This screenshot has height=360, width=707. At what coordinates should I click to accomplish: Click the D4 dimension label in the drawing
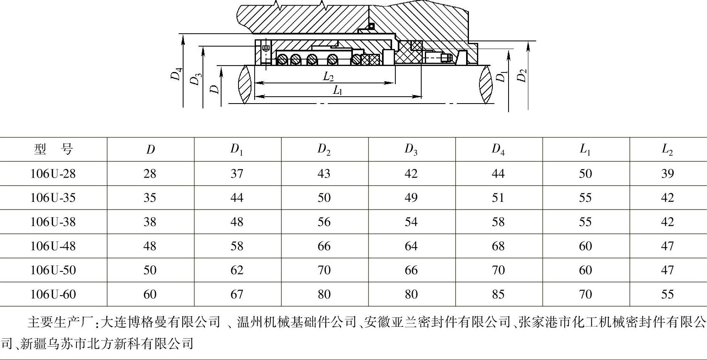tap(176, 74)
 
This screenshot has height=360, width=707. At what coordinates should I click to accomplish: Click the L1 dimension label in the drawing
tap(338, 90)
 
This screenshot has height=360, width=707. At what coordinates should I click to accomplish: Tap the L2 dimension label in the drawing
tap(328, 76)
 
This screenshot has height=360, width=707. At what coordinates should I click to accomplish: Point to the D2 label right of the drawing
tap(522, 75)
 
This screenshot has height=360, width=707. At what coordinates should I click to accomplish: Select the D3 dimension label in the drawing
tap(196, 79)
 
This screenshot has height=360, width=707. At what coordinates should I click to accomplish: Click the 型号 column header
tap(53, 149)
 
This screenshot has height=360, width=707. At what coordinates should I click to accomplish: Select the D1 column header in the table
tap(237, 149)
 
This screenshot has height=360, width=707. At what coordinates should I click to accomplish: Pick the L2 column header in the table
tap(667, 149)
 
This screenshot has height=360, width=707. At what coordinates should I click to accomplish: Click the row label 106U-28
tap(53, 174)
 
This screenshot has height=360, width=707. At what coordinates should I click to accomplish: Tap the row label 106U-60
tap(53, 294)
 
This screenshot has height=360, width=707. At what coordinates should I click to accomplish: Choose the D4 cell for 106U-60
tap(498, 294)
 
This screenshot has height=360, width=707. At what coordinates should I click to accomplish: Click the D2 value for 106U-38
tap(324, 222)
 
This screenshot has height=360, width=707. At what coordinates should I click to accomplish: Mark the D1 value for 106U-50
tap(237, 270)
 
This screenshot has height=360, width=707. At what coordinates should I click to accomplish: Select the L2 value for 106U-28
tap(667, 174)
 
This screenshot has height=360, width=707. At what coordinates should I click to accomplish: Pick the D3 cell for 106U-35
tap(411, 197)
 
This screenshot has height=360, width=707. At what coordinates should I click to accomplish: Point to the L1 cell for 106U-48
tap(585, 246)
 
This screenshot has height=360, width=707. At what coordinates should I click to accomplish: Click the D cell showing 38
tap(150, 222)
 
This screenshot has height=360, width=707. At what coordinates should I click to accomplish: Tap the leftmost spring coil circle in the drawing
tap(282, 59)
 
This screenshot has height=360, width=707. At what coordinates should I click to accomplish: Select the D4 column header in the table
tap(498, 149)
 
